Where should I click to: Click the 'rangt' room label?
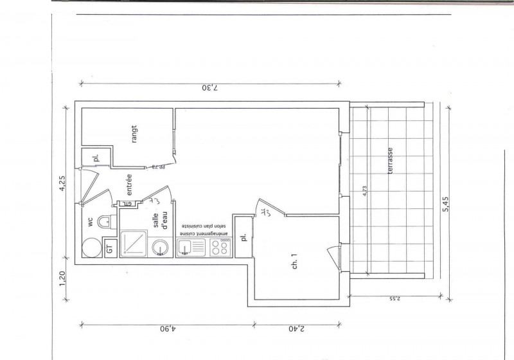(x=134, y=133)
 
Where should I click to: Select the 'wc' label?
(x=91, y=222)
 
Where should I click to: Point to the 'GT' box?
(x=109, y=247)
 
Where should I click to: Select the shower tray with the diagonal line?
(x=134, y=245)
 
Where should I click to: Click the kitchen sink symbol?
(x=185, y=247)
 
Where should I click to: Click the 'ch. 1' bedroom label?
(x=295, y=262)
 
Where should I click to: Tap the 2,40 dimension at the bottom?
(x=296, y=330)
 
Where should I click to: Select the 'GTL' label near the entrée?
(x=128, y=204)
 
